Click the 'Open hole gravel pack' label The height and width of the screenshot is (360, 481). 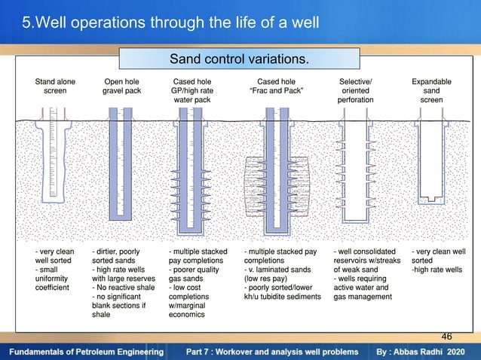(122, 84)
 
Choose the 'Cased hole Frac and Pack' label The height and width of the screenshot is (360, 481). (276, 84)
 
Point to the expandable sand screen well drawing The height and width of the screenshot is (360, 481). (431, 162)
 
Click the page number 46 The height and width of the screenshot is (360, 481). (446, 336)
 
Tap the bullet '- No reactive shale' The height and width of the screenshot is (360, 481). (122, 286)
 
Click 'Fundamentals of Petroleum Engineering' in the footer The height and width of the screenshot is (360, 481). (86, 352)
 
